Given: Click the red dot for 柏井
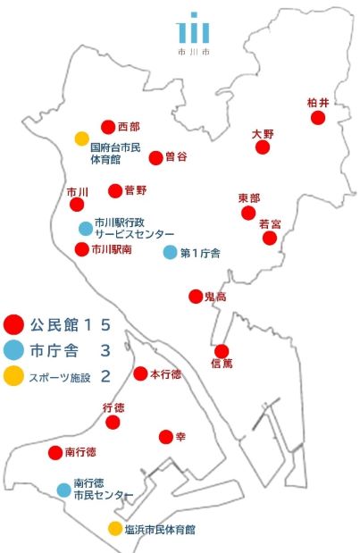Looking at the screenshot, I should [x=318, y=118].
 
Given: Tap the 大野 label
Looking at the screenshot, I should [x=263, y=133].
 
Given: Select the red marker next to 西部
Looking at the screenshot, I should [x=108, y=127].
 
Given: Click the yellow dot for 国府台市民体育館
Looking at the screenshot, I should [x=81, y=138].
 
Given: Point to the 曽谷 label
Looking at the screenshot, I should [x=176, y=156].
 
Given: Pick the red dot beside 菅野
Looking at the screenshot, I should [x=115, y=190].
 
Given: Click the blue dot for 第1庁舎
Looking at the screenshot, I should [x=170, y=252].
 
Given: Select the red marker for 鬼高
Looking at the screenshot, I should [x=196, y=297].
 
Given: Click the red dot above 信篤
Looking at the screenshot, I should [x=222, y=351].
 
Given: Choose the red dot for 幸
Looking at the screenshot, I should [x=165, y=436].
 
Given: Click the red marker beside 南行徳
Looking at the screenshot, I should [x=55, y=452].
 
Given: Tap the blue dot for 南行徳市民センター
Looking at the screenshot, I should [x=63, y=490].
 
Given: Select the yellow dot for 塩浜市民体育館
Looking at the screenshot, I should [x=115, y=528].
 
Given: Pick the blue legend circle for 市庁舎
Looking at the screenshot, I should [x=13, y=350].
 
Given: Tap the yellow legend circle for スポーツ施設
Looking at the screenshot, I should [x=13, y=376].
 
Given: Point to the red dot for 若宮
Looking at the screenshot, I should [x=270, y=238].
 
